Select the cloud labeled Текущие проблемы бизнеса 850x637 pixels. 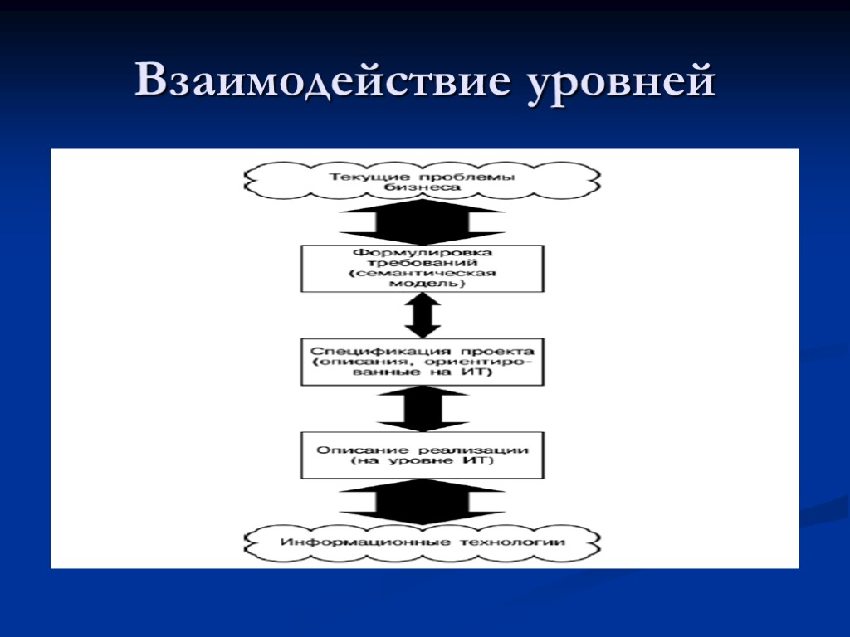[x=423, y=182]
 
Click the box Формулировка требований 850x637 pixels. [x=423, y=268]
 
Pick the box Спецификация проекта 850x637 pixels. [x=423, y=361]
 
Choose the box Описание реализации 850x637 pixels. [x=423, y=455]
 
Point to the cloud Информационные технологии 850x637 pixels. [x=423, y=542]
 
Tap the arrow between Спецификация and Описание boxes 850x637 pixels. [x=423, y=409]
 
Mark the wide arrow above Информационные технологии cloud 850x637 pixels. [x=423, y=501]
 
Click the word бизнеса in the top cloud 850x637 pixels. [x=423, y=188]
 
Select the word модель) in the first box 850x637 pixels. [x=423, y=284]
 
